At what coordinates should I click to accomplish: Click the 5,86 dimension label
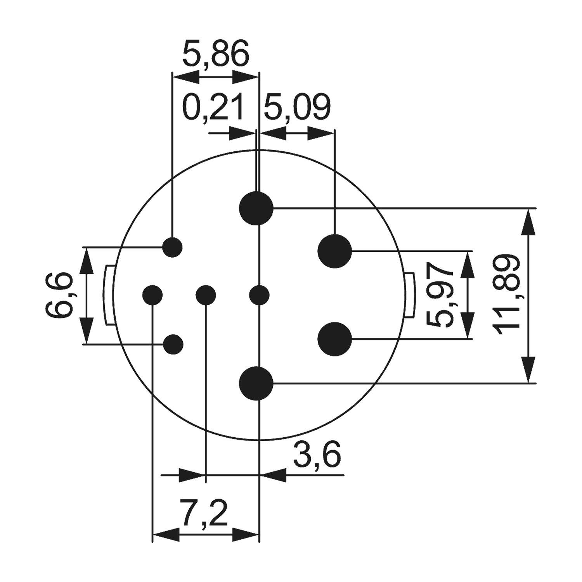point(215,55)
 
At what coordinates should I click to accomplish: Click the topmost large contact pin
point(256,208)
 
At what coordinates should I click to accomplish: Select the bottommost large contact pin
point(256,383)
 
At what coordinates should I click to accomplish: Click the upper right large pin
point(334,251)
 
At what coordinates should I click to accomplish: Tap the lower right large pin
point(334,339)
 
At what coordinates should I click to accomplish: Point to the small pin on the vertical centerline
point(259,295)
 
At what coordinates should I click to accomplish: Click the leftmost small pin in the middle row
point(152,295)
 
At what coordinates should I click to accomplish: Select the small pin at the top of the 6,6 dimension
point(173,247)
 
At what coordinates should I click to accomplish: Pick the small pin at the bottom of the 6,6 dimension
point(173,344)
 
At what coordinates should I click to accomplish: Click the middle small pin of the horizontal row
point(206,295)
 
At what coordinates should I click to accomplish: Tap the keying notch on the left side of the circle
point(109,295)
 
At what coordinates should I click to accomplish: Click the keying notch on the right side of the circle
point(409,295)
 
